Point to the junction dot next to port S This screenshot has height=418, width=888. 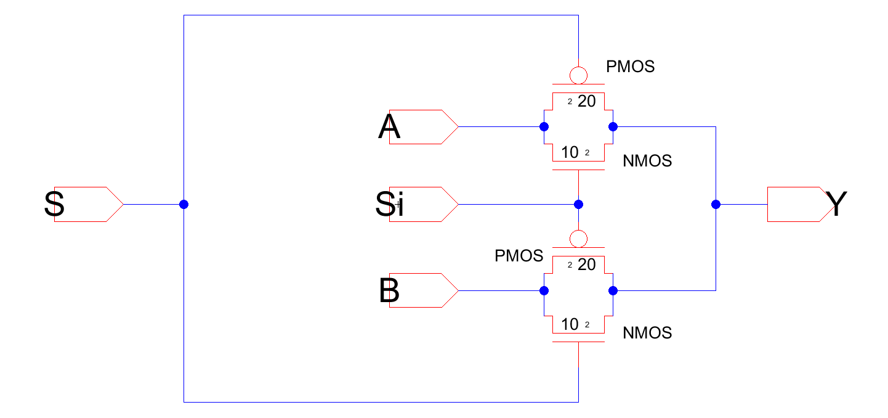184,204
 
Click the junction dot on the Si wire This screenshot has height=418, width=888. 578,204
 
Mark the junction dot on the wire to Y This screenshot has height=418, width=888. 716,204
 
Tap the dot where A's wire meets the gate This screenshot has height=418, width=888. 544,127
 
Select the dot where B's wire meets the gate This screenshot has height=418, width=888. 544,290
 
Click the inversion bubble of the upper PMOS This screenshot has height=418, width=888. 578,75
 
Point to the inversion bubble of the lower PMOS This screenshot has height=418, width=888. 578,238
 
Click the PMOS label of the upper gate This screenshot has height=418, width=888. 630,67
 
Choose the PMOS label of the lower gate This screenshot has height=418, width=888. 519,256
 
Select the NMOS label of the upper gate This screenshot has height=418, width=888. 647,162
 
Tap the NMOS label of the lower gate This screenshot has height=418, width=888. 647,333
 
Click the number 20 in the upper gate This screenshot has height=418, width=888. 587,102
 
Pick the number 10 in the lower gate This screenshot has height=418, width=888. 570,324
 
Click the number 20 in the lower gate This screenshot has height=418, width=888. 587,265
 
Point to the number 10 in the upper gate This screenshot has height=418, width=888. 570,152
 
